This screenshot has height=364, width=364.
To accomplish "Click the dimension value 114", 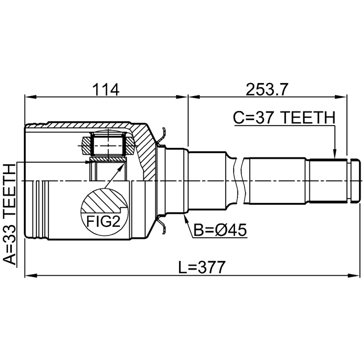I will [x=105, y=89].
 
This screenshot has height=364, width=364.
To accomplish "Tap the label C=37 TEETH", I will [x=283, y=118].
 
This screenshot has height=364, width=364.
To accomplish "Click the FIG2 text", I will [x=104, y=220].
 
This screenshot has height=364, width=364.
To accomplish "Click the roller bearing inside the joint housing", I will [x=107, y=143].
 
